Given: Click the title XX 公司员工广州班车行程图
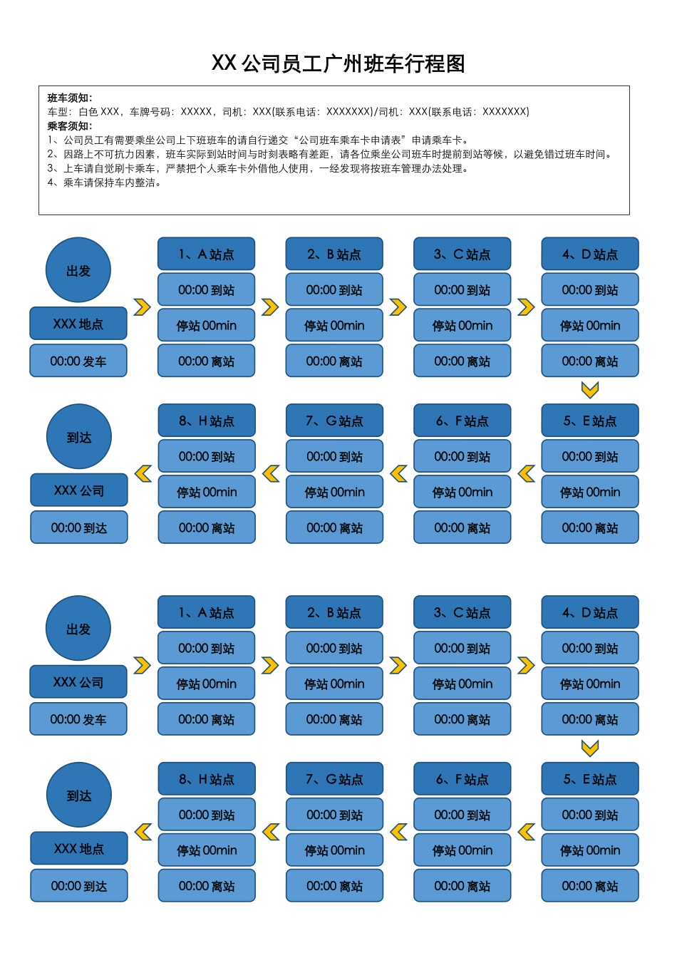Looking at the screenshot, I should (338, 63).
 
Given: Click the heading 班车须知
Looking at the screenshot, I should (69, 98).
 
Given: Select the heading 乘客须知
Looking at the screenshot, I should (69, 125).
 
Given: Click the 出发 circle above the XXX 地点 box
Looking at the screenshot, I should (78, 270).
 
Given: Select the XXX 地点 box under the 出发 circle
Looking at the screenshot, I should (78, 324).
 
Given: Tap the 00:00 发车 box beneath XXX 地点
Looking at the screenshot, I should (78, 361).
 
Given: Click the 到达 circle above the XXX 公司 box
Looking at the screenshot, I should (79, 437).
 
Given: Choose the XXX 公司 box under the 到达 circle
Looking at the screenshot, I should (79, 490).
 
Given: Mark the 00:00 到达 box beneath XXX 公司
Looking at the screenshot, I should (79, 527).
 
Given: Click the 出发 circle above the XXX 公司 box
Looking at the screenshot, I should (78, 629).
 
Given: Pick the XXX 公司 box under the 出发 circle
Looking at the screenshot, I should (78, 682).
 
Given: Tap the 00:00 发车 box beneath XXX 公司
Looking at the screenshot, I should (78, 719).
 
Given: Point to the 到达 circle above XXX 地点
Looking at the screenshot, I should (79, 795).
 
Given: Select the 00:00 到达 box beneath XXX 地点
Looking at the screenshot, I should (79, 886).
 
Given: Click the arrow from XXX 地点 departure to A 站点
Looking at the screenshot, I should (143, 307).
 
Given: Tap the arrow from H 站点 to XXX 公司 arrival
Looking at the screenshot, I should (143, 473).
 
